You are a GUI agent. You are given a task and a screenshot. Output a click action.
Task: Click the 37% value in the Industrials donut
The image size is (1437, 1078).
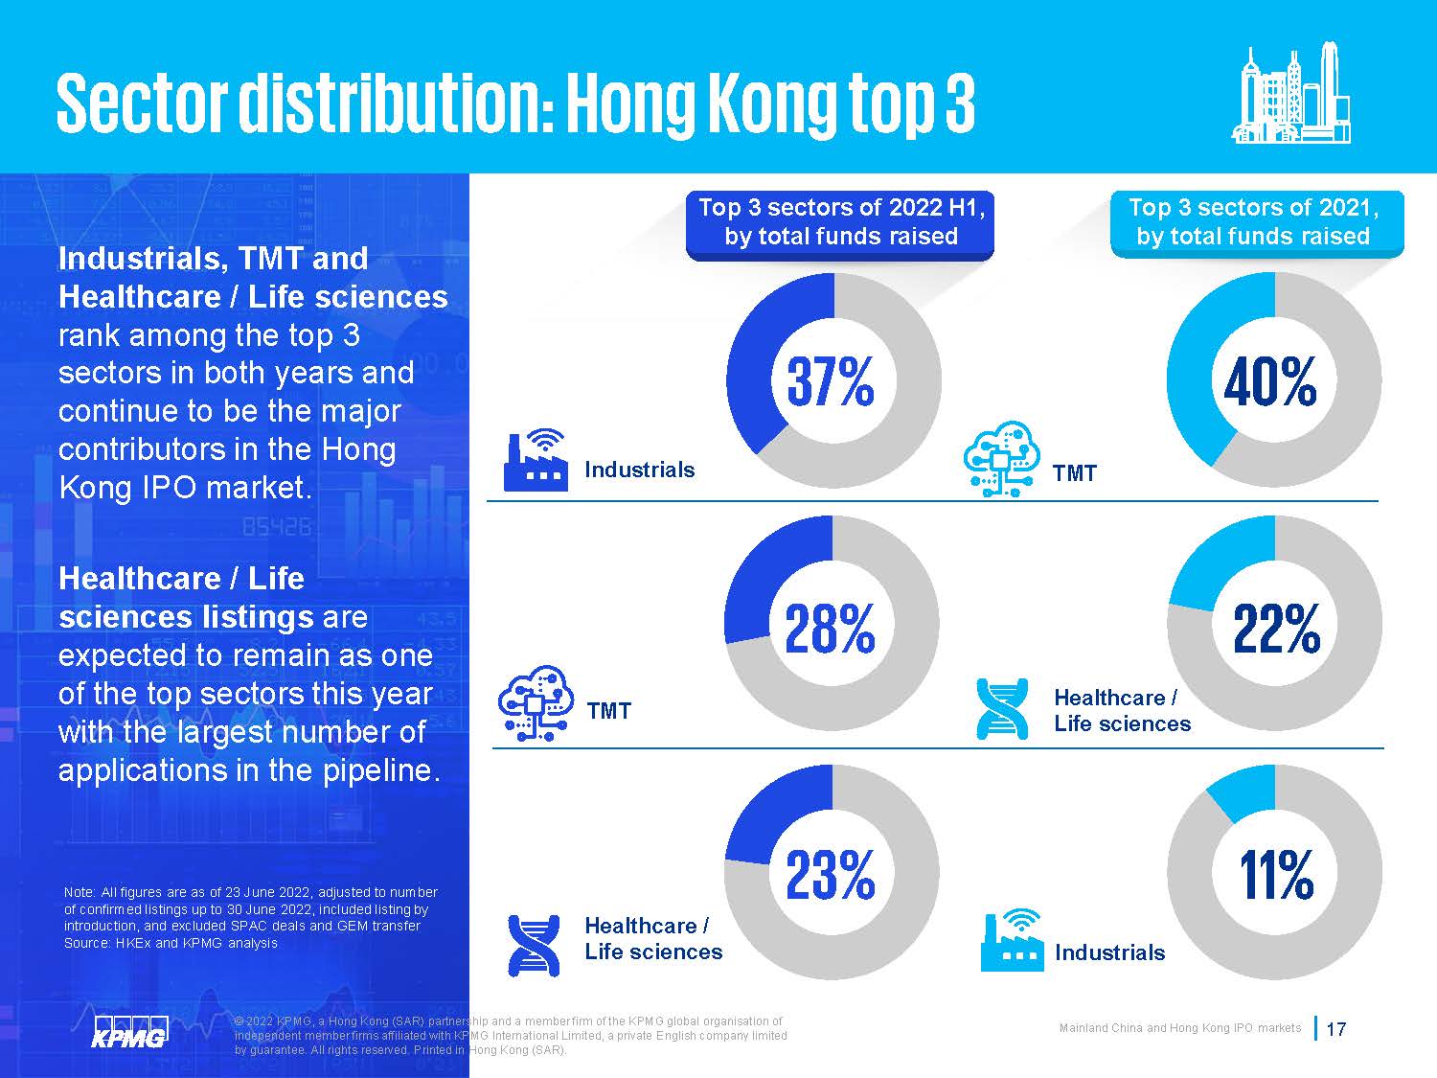(x=831, y=381)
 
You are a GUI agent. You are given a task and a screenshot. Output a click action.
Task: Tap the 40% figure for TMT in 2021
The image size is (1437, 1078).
(x=1270, y=381)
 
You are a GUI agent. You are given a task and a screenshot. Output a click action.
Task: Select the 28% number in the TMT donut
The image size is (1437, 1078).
(x=831, y=629)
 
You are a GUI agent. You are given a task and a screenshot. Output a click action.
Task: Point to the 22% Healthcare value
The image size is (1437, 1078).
(x=1276, y=629)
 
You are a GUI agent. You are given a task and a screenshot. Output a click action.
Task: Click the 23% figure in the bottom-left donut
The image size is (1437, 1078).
(x=831, y=874)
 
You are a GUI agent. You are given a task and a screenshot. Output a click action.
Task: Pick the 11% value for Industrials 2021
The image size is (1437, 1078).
(x=1276, y=874)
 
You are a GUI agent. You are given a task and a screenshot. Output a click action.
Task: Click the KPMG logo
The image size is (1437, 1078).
(x=129, y=1031)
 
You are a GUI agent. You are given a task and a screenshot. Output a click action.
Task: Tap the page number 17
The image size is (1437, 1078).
(x=1336, y=1029)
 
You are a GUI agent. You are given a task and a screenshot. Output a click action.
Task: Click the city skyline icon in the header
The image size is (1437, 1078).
(x=1291, y=95)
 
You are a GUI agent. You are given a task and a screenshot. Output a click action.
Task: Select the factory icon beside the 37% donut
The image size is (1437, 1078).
(x=535, y=460)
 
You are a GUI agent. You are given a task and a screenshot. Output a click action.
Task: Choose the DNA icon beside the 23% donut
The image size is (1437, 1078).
(x=535, y=944)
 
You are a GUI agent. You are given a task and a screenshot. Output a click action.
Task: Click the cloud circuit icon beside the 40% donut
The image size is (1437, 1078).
(x=1002, y=458)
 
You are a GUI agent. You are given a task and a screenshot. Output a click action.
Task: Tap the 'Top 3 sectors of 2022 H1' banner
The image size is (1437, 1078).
(x=840, y=222)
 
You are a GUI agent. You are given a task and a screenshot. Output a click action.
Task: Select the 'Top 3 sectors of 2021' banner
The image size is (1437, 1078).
(x=1255, y=222)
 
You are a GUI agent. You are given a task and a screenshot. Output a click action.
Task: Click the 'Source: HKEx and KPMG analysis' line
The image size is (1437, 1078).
(x=171, y=943)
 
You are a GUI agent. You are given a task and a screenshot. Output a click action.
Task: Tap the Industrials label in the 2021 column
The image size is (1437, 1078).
(x=1109, y=952)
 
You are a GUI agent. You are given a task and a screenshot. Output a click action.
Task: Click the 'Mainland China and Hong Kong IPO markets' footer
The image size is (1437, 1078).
(x=1179, y=1028)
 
